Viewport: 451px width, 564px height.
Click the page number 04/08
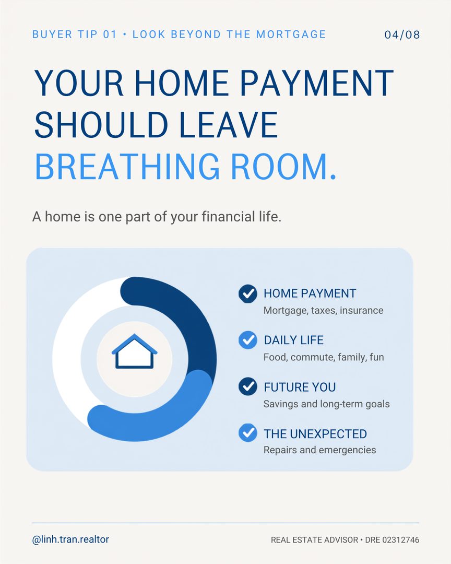tap(402, 34)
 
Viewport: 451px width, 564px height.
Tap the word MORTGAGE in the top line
tap(291, 34)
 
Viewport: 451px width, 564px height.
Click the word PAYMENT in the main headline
tap(316, 83)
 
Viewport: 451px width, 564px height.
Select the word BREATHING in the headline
tap(127, 167)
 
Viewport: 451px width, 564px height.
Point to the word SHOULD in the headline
tap(101, 125)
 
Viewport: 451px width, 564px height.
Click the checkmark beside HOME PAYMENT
tap(248, 293)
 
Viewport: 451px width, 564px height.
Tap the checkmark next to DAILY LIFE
tap(248, 340)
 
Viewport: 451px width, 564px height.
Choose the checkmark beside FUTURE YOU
tap(248, 386)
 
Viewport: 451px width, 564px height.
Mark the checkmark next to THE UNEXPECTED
tap(248, 433)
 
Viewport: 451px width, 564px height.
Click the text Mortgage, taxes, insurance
tap(323, 310)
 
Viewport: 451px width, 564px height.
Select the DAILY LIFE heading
tap(293, 340)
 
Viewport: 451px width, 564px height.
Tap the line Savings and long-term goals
tap(327, 404)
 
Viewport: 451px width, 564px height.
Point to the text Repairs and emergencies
tap(320, 450)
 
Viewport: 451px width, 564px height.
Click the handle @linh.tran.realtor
tap(70, 539)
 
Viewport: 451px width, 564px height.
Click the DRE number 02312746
tap(401, 540)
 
